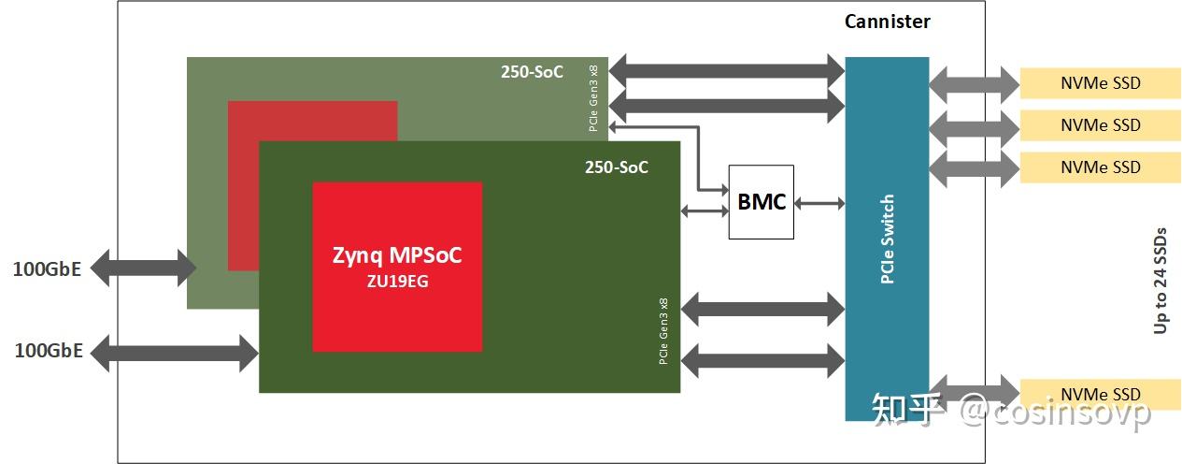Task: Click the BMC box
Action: [x=761, y=202]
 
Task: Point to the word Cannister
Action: [x=887, y=22]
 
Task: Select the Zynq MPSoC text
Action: [x=397, y=254]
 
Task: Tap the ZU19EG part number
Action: [x=397, y=281]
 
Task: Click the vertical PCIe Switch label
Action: [x=887, y=239]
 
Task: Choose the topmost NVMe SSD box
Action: [x=1100, y=83]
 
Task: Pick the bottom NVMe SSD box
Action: [x=1100, y=394]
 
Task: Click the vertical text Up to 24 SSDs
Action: [x=1161, y=279]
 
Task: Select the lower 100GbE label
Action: [x=49, y=352]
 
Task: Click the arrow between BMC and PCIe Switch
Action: [x=819, y=202]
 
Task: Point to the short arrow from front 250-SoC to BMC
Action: [x=705, y=210]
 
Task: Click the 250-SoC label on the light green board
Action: [x=533, y=72]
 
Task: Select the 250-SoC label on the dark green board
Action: [x=616, y=168]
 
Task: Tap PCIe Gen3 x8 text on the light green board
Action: [x=594, y=98]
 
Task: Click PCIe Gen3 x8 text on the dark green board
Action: [x=663, y=332]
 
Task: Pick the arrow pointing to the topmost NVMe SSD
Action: [x=974, y=83]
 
